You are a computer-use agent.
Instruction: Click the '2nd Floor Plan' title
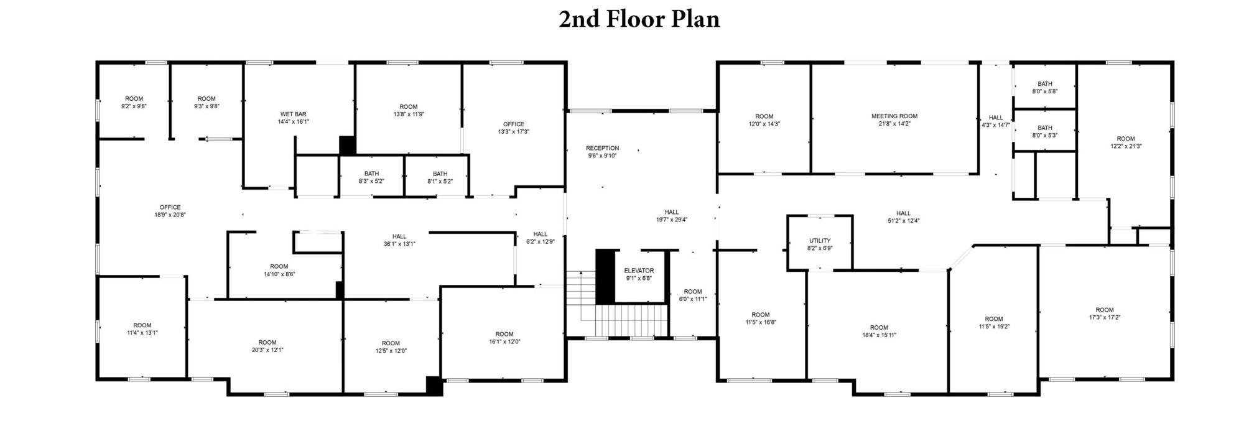pos(639,19)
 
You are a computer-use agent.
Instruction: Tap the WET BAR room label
pos(293,114)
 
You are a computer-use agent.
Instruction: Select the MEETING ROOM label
pos(894,116)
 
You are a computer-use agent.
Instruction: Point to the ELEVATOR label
pos(639,271)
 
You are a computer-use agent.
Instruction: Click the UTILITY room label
pos(820,241)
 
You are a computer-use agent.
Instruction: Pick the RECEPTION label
pos(602,148)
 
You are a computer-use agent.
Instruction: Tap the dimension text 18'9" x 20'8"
pos(170,215)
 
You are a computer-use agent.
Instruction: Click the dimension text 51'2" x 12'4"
pos(903,221)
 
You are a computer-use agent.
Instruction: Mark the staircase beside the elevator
pos(632,320)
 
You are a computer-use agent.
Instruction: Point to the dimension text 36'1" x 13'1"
pos(399,244)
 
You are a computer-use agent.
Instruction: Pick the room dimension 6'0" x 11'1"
pos(693,299)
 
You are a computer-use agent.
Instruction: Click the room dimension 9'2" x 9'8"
pos(134,106)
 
